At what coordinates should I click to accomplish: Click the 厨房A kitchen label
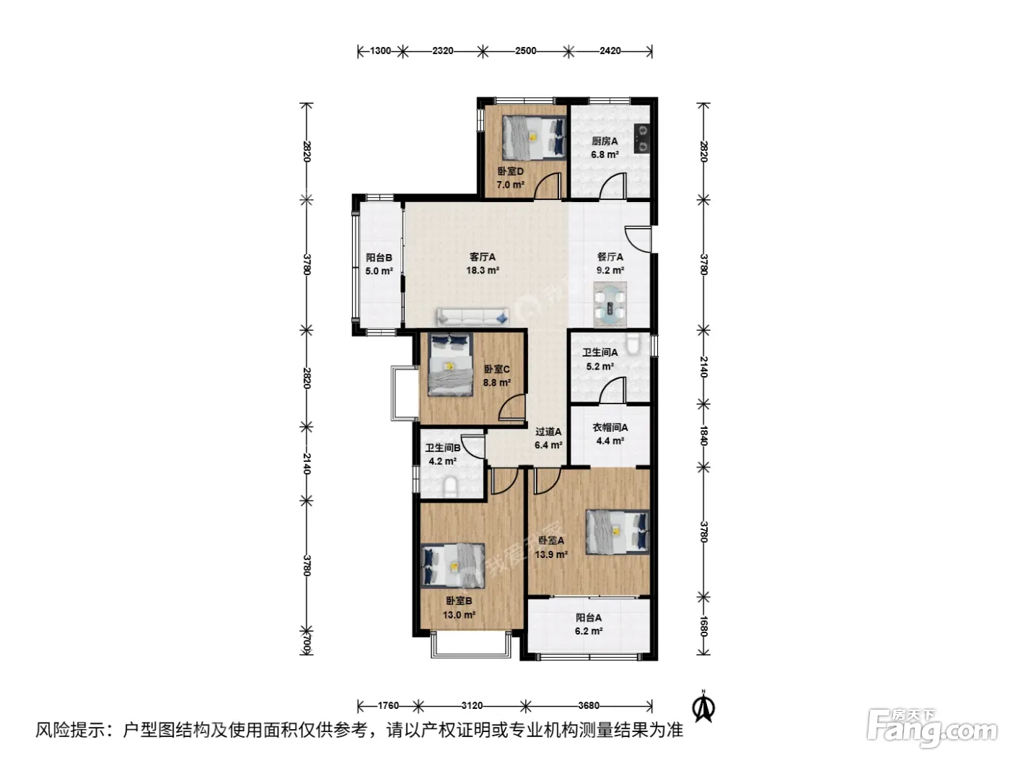pos(604,141)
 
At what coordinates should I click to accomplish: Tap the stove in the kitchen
pos(641,139)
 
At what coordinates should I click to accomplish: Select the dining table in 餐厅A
pos(610,304)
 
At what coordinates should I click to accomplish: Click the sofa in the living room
pos(473,317)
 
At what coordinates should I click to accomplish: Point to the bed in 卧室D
pos(534,137)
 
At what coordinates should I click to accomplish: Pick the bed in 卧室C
pos(450,365)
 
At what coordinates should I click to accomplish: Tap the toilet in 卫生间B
pos(451,488)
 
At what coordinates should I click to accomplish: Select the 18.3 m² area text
pos(482,270)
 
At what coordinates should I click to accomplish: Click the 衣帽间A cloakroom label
pos(610,427)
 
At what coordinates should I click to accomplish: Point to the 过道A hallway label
pos(548,432)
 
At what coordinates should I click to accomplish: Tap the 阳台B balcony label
pos(379,258)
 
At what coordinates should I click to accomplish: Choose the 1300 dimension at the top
pos(380,51)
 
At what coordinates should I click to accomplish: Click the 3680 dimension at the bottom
pos(589,705)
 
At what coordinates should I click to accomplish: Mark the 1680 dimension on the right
pos(703,627)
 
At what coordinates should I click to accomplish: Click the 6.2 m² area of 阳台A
pos(589,631)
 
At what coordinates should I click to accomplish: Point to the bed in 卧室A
pos(618,531)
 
